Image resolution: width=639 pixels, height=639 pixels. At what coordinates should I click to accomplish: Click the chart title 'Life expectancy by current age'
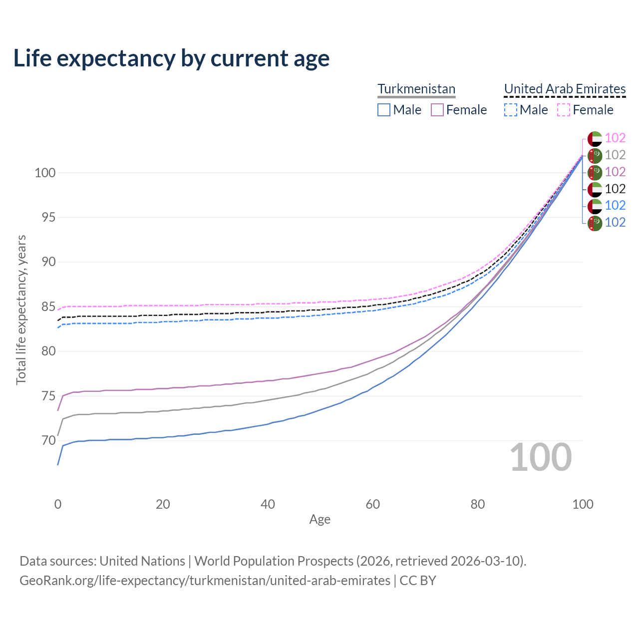tap(171, 58)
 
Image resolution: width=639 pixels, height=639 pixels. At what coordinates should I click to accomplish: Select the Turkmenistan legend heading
tap(416, 89)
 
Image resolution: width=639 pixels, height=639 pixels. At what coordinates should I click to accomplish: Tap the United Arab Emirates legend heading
tap(565, 89)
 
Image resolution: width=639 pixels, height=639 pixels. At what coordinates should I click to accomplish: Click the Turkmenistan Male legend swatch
tap(383, 110)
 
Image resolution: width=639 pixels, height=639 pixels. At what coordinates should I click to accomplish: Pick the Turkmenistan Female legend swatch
tap(437, 110)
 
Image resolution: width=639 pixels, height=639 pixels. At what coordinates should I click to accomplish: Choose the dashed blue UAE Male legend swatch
tap(510, 110)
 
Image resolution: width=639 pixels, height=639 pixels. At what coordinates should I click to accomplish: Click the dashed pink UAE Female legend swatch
tap(563, 110)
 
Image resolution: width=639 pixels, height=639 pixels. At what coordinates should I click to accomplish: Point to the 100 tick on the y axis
tap(44, 173)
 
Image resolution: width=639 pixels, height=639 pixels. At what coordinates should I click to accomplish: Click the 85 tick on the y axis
tap(48, 307)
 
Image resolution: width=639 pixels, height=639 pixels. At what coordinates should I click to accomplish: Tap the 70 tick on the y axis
tap(48, 440)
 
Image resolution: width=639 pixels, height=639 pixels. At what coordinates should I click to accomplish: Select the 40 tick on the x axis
tap(268, 504)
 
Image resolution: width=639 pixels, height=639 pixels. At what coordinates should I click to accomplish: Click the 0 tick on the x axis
tap(58, 504)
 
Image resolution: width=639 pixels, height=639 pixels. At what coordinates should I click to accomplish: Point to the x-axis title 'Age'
tap(319, 520)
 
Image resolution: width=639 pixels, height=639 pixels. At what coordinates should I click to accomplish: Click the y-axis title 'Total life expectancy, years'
tap(21, 310)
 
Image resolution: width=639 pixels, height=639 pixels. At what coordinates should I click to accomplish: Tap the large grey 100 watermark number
tap(541, 457)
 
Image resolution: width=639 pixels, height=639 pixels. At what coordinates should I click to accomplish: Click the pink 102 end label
tap(615, 138)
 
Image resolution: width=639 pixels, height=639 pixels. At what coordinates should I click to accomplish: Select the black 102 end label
tap(615, 189)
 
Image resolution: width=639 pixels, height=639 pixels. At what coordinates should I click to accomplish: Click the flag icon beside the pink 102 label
tap(595, 138)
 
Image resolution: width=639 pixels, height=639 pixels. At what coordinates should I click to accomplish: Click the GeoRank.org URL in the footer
tap(205, 581)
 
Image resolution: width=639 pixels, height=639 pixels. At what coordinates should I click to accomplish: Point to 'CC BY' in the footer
tap(418, 581)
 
